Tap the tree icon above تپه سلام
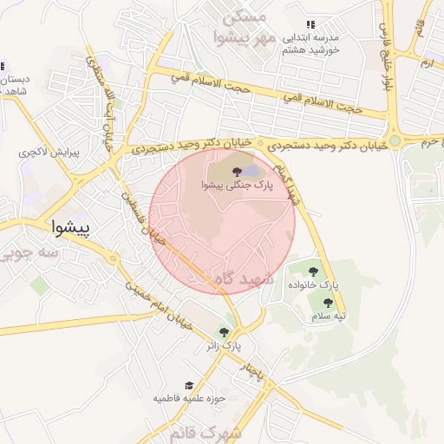coord(328,303)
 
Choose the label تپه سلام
coord(329,317)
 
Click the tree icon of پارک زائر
coord(225,332)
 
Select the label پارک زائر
coord(224,346)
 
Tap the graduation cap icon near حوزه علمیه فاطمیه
coord(188,385)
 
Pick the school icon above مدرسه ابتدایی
coord(310,25)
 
